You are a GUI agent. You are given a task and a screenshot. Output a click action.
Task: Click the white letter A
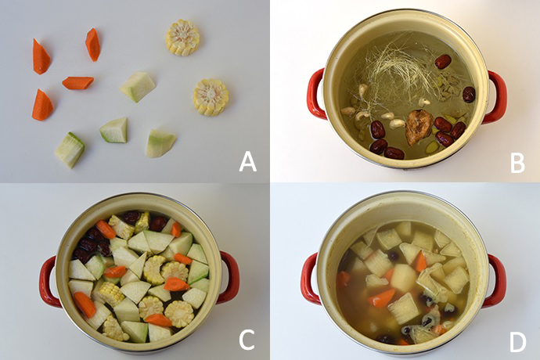coord(248,162)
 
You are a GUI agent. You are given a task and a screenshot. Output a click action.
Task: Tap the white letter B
coord(517,162)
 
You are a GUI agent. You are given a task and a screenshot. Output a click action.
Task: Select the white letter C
coord(247,340)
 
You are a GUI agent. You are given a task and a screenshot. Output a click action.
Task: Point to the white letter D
coord(517,342)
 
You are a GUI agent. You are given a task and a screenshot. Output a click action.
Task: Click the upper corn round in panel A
coord(182,38)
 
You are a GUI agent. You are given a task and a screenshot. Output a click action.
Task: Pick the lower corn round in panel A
coord(211,98)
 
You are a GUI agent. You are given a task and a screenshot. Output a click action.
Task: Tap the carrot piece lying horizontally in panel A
coord(77,83)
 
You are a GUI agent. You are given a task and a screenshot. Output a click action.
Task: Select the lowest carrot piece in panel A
coord(42,105)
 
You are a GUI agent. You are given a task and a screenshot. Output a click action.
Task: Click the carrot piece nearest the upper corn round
coord(92,45)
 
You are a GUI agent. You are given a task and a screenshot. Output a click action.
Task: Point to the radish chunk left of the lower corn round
coord(138,86)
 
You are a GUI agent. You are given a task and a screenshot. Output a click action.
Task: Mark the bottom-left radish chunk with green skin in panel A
coord(70,149)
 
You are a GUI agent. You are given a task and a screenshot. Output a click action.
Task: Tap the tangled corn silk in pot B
coord(396,69)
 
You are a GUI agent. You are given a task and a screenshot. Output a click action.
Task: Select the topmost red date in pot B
coord(443,62)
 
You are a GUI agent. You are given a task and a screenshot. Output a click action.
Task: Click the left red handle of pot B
coord(316,94)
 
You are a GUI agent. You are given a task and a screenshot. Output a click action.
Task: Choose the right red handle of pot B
coord(496,97)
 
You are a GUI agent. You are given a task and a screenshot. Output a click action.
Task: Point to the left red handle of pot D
coord(310,279)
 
